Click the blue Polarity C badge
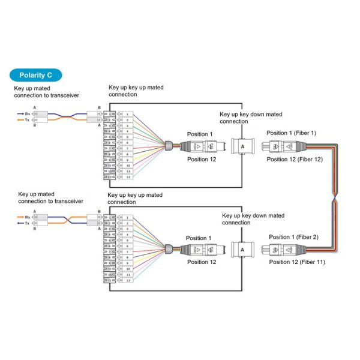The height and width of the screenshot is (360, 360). [x=35, y=76]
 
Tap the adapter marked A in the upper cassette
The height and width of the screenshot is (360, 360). [x=241, y=146]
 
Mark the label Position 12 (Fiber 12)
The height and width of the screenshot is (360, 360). [x=295, y=159]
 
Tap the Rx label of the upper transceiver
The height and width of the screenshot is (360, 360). [x=27, y=112]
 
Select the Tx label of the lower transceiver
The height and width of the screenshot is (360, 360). [x=27, y=223]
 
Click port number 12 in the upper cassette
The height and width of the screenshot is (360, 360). [x=128, y=178]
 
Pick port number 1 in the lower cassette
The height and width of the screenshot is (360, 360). [x=128, y=216]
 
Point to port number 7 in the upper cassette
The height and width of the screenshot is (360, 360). [x=128, y=149]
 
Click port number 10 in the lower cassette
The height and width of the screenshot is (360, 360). [x=128, y=269]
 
